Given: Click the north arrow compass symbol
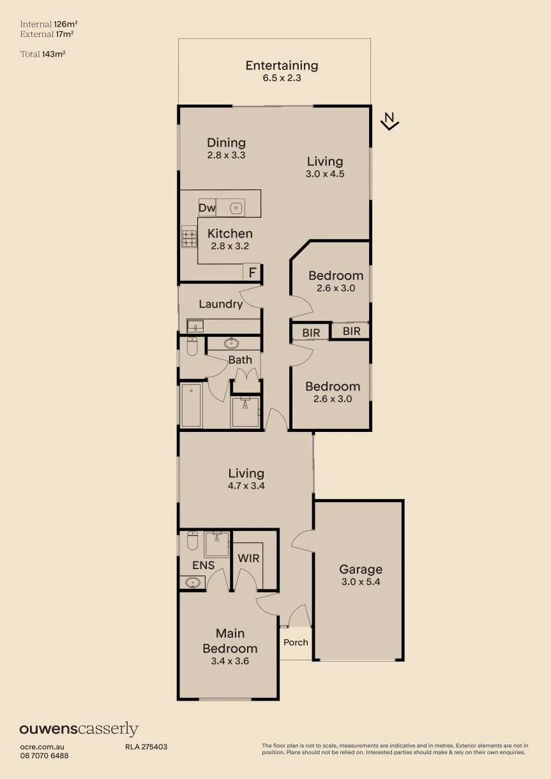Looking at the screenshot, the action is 390,121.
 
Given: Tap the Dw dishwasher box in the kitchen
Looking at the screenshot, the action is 207,207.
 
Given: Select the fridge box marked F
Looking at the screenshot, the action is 252,272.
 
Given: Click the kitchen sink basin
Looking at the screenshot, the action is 236,208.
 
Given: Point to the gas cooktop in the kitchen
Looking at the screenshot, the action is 190,237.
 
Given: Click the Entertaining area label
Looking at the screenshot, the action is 282,66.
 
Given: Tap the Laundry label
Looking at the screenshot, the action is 221,304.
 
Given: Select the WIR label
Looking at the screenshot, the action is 248,558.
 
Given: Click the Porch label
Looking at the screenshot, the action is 296,642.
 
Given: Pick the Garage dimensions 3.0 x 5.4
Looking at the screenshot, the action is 361,581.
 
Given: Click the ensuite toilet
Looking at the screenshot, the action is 192,540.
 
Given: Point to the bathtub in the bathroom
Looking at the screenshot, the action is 191,406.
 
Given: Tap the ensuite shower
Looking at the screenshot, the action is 217,544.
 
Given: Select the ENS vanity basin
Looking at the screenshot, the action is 192,582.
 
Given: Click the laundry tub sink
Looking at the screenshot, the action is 195,327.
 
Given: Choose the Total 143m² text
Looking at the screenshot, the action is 43,54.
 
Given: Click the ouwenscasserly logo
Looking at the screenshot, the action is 79,729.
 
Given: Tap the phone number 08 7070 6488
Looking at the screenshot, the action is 44,755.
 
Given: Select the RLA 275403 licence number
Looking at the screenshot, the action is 146,746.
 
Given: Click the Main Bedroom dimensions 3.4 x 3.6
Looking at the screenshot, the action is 230,661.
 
